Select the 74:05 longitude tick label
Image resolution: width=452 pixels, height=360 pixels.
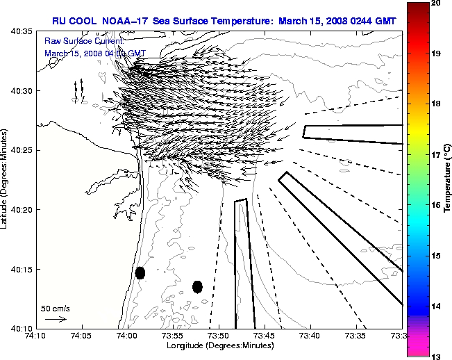click(81, 336)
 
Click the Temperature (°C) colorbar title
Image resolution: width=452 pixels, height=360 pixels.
click(448, 180)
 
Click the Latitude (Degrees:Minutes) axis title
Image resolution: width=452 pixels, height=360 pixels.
click(6, 180)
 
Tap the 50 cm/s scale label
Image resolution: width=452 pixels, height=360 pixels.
click(56, 308)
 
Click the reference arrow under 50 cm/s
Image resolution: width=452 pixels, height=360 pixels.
click(56, 320)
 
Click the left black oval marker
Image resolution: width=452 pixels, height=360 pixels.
click(140, 272)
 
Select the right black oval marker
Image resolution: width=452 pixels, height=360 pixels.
click(197, 286)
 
